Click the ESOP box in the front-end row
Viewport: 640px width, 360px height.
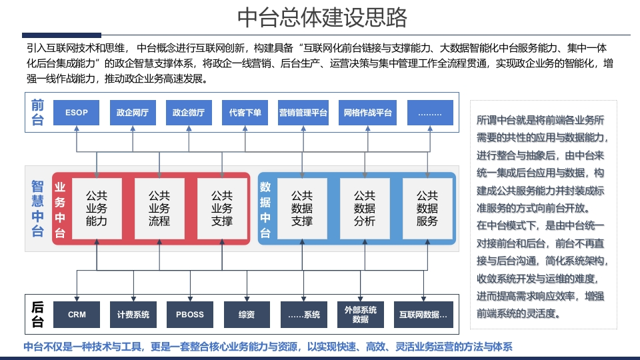point(76,113)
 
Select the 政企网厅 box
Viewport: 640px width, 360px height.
point(133,113)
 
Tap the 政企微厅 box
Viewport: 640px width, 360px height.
point(189,113)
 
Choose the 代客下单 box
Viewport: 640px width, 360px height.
point(245,113)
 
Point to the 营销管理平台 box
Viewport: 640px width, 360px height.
point(303,113)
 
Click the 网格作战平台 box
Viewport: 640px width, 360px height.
point(367,113)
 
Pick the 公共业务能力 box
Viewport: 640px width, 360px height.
point(97,209)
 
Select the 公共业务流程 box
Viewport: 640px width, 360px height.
point(159,209)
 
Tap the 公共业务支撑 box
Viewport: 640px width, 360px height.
point(222,209)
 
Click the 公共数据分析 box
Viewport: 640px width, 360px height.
point(365,209)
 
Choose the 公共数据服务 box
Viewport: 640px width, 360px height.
point(427,209)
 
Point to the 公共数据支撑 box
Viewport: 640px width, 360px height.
point(302,209)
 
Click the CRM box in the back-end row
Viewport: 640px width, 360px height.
point(77,315)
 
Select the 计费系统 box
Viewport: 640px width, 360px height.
point(133,315)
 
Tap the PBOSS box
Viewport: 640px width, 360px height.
point(190,315)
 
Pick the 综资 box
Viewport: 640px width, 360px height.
point(247,315)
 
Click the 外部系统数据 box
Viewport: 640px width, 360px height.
point(361,315)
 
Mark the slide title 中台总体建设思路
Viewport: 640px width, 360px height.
point(322,17)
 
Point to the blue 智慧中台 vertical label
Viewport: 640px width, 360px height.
point(37,209)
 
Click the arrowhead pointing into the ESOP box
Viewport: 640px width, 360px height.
point(76,128)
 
